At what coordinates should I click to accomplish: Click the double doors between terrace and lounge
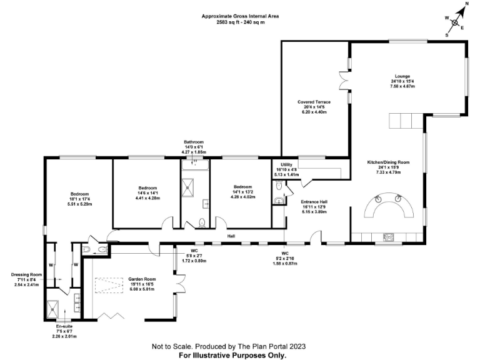pos(342,81)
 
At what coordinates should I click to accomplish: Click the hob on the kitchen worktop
pos(387,236)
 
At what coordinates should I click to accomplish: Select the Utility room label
pos(287,164)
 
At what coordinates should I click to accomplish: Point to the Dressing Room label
pos(26,274)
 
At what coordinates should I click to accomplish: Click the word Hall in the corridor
pos(231,236)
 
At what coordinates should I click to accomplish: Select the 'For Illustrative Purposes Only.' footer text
pos(232,354)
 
